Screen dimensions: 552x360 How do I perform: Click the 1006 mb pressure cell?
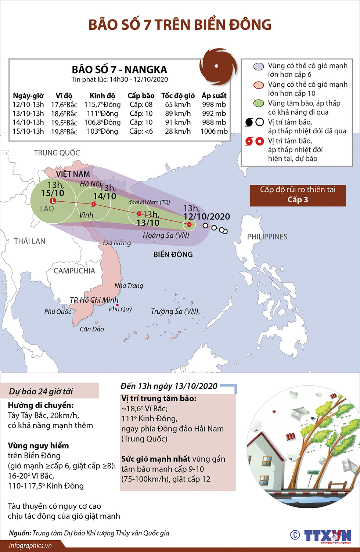[214, 131]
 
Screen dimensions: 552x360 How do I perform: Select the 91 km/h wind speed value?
[178, 122]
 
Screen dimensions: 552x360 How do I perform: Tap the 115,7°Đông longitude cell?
[102, 105]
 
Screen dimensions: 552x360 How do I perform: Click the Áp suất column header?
[214, 95]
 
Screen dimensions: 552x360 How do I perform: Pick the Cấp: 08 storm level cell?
[141, 105]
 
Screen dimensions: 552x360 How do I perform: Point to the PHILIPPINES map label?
[267, 237]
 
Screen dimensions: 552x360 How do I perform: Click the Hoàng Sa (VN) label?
[166, 235]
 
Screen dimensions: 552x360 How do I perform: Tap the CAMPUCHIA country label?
[74, 271]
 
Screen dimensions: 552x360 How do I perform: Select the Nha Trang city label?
[129, 286]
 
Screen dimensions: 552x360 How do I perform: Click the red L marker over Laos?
[53, 201]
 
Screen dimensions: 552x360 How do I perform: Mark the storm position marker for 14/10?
[94, 204]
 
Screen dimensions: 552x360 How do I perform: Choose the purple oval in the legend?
[259, 66]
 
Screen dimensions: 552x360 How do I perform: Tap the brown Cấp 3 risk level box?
[298, 195]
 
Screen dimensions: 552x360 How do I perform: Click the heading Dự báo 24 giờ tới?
[41, 392]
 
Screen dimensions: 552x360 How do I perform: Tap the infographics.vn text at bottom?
[30, 546]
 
